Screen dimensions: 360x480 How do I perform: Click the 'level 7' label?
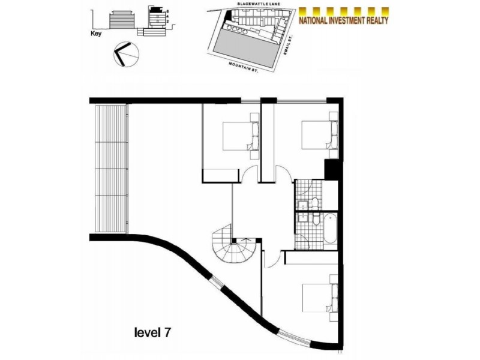[155, 331]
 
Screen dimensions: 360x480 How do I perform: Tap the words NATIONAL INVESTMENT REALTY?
[344, 20]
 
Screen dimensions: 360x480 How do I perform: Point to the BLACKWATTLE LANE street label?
[255, 5]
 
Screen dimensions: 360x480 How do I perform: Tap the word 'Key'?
[94, 34]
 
